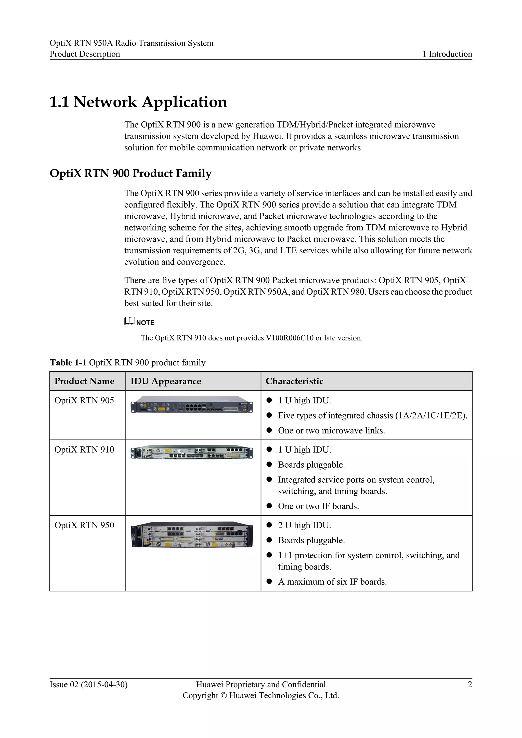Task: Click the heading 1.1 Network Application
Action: click(x=138, y=102)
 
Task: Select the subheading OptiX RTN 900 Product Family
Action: click(x=130, y=173)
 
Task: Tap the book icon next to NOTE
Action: click(x=129, y=321)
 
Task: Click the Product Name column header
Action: click(x=84, y=381)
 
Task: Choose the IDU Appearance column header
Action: click(x=165, y=381)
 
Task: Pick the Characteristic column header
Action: click(x=294, y=381)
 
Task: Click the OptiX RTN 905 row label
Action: click(x=84, y=401)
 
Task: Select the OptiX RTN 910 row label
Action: click(x=84, y=450)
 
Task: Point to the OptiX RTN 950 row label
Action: click(x=84, y=525)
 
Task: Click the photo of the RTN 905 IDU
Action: click(x=192, y=404)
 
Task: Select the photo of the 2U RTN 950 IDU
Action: click(x=192, y=535)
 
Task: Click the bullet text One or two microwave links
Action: click(x=331, y=431)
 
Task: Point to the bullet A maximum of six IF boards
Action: click(x=332, y=582)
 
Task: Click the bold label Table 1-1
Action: click(x=68, y=363)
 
